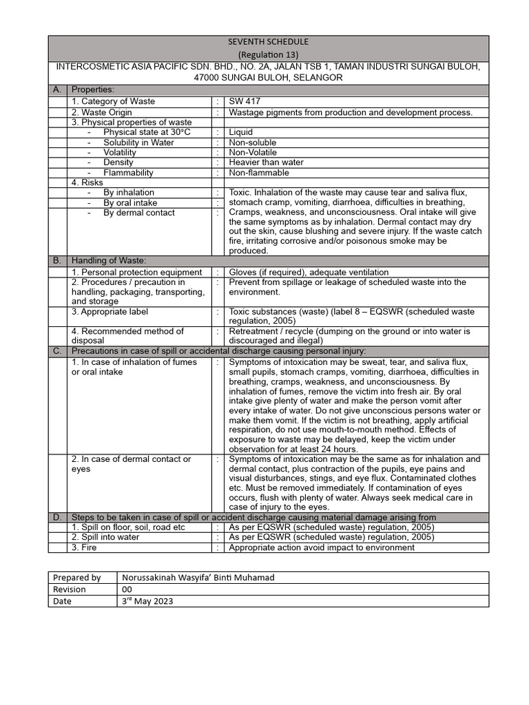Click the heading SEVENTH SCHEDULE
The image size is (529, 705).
268,42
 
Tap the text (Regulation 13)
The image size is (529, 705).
268,54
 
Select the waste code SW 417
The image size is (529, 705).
245,101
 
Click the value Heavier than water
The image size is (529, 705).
266,162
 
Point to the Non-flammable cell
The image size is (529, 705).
260,173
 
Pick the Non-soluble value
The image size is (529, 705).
253,143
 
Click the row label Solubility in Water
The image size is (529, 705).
138,143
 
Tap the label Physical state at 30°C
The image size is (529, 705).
146,132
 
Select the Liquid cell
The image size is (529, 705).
240,132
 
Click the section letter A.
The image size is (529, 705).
56,90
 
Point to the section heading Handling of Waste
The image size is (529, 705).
109,261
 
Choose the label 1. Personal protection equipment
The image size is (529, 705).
137,273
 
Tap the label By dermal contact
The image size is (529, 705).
139,213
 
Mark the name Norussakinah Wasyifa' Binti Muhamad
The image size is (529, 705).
198,578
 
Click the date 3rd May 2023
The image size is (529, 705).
147,600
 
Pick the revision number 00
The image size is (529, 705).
127,589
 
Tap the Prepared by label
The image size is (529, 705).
76,578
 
